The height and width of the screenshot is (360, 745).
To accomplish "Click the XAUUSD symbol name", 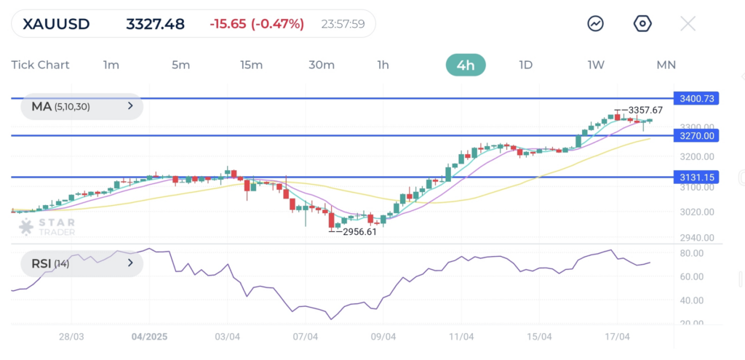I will (56, 24).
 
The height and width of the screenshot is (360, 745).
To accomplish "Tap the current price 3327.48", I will (155, 24).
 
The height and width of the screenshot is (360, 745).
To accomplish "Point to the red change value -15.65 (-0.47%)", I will (256, 24).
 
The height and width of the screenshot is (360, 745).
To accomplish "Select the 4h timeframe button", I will (466, 65).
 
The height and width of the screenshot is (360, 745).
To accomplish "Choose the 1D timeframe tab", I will (525, 65).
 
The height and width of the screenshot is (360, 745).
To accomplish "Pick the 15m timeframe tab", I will (251, 65).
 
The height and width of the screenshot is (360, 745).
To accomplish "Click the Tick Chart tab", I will (41, 65).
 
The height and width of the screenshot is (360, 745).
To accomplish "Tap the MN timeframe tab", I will (666, 65).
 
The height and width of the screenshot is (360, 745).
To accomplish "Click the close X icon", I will (688, 24).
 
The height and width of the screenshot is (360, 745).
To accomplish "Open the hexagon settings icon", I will (642, 24).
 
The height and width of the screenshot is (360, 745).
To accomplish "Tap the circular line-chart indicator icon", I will (596, 24).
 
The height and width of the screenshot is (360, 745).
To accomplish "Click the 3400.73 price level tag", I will (696, 98).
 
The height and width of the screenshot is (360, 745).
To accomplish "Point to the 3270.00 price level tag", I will (696, 135).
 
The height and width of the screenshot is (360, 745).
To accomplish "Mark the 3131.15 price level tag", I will (696, 177).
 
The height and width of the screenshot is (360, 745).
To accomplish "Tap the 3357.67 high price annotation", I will (646, 110).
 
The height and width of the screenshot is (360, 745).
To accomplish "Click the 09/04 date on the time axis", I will (383, 337).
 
